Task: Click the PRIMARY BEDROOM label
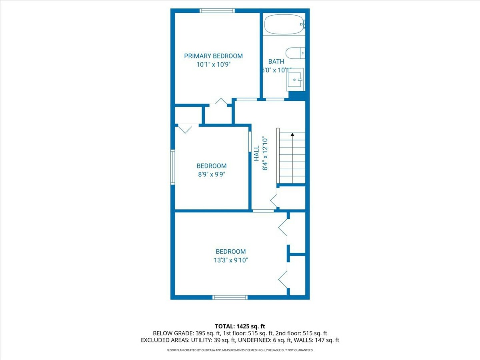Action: click(213, 56)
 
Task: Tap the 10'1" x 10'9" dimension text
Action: click(214, 64)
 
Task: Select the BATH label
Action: click(276, 61)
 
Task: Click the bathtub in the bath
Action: click(285, 24)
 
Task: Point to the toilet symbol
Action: click(295, 53)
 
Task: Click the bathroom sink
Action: click(295, 79)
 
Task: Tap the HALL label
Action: click(256, 153)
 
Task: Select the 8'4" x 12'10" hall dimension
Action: click(265, 153)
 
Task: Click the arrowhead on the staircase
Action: click(292, 134)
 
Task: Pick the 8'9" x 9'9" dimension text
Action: click(211, 174)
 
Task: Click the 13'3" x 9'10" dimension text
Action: click(231, 260)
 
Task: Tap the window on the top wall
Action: click(217, 10)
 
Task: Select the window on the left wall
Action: click(173, 167)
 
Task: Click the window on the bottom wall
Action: click(230, 297)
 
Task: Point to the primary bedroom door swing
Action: click(221, 101)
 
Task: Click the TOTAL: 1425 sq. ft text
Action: click(240, 327)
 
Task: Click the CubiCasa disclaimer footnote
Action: click(240, 350)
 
